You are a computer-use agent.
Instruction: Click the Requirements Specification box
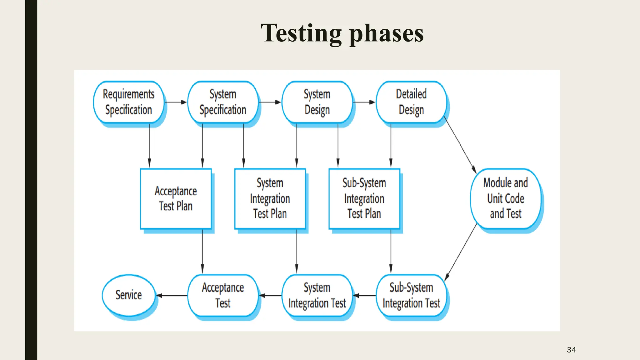pyautogui.click(x=128, y=102)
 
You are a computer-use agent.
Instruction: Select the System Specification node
pyautogui.click(x=223, y=102)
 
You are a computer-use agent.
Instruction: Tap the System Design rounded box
pyautogui.click(x=317, y=102)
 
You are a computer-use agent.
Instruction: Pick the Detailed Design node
pyautogui.click(x=411, y=102)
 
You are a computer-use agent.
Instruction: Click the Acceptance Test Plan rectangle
pyautogui.click(x=176, y=199)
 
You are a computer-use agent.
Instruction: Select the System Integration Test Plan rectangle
pyautogui.click(x=270, y=199)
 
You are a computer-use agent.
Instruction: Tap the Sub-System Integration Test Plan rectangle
pyautogui.click(x=364, y=199)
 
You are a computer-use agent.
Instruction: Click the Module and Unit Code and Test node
pyautogui.click(x=505, y=199)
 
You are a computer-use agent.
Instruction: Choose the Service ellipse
pyautogui.click(x=128, y=295)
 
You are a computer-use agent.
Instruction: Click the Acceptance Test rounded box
pyautogui.click(x=223, y=295)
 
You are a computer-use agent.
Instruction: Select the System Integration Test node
pyautogui.click(x=317, y=295)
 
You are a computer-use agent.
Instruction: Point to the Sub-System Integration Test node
pyautogui.click(x=411, y=295)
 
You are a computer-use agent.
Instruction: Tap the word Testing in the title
pyautogui.click(x=301, y=34)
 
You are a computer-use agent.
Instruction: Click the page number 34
pyautogui.click(x=571, y=350)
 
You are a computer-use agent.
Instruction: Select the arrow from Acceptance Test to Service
pyautogui.click(x=172, y=295)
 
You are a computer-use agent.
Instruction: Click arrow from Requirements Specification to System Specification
pyautogui.click(x=175, y=102)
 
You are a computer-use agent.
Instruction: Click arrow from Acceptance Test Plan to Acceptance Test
pyautogui.click(x=202, y=252)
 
